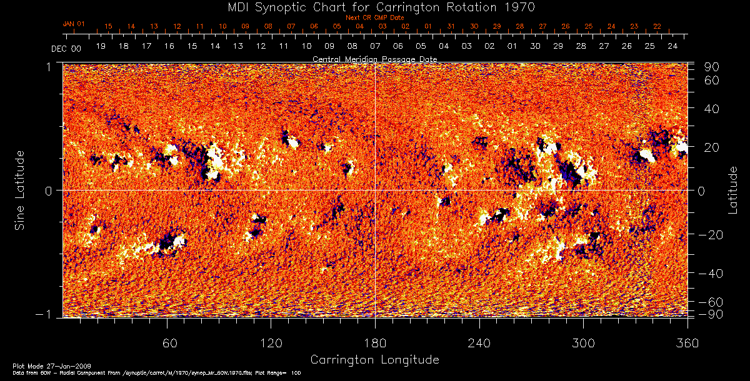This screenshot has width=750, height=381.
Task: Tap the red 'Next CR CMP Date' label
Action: tap(375, 17)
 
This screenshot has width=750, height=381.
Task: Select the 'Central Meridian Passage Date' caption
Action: tap(374, 59)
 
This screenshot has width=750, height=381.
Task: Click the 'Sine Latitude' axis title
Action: tap(20, 189)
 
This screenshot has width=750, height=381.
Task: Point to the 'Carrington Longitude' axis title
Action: tap(374, 360)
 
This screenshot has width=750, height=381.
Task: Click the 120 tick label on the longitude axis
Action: tap(271, 343)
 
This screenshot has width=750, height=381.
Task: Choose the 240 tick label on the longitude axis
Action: tap(479, 343)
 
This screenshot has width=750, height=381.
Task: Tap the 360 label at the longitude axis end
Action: tap(687, 343)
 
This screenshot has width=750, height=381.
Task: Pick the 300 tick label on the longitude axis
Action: tap(583, 343)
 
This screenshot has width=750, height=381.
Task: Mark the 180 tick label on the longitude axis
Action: tap(375, 343)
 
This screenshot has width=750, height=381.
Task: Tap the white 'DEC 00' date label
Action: tap(66, 48)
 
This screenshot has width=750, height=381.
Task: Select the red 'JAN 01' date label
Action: tap(73, 24)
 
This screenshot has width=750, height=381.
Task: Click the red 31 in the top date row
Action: tap(451, 26)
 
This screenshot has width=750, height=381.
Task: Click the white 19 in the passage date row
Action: tap(101, 46)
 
